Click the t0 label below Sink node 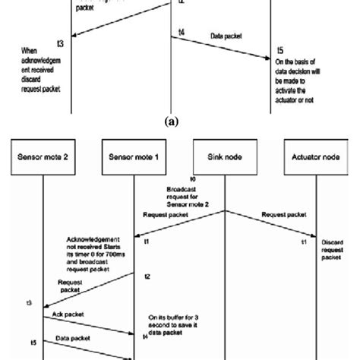215,179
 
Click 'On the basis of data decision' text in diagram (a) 304,82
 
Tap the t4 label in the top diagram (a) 181,31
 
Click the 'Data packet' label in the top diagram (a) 226,35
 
